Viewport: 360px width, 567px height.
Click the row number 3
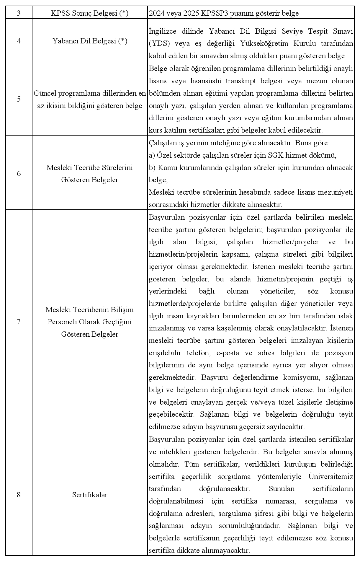pos(19,13)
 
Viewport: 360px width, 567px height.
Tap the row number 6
pos(19,173)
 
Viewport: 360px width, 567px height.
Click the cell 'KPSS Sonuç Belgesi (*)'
pos(90,13)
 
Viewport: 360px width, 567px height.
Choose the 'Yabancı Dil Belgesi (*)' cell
pos(90,41)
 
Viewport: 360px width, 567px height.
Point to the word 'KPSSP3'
pos(218,13)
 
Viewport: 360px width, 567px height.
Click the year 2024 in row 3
pos(157,13)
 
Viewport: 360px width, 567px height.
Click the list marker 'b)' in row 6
pos(152,167)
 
